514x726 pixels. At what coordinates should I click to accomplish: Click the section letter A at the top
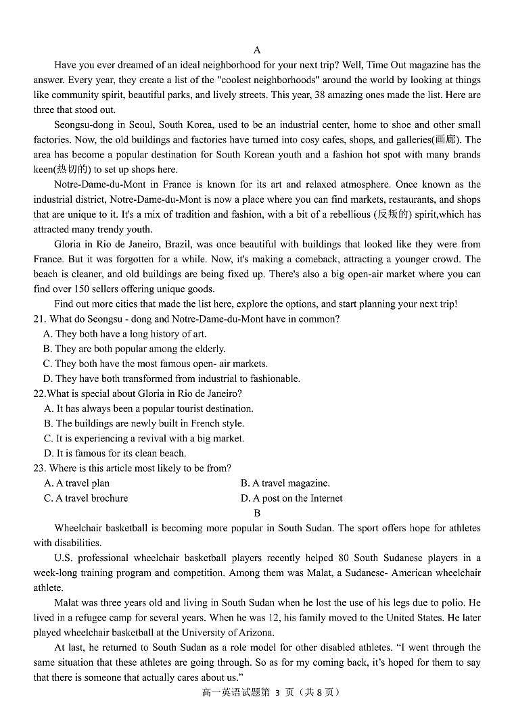[x=257, y=50]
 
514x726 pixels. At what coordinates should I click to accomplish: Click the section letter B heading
[x=257, y=513]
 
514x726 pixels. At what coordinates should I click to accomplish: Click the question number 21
[x=39, y=318]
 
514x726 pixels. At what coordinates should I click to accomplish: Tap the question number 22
[x=39, y=393]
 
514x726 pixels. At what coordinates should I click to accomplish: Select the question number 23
[x=39, y=468]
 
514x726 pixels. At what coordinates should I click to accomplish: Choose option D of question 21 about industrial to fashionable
[x=171, y=379]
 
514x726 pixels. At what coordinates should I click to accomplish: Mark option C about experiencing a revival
[x=143, y=438]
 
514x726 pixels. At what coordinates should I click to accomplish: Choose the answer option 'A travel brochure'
[x=85, y=498]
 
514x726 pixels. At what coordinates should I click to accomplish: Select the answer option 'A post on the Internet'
[x=291, y=498]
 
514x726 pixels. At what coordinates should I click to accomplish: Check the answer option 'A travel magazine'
[x=285, y=483]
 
